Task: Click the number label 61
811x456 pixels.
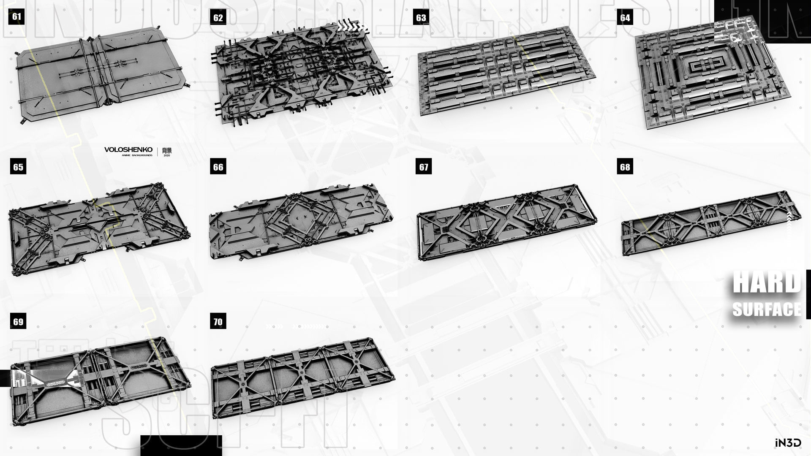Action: point(16,17)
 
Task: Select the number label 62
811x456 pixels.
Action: point(218,18)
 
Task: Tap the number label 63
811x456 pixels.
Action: point(421,18)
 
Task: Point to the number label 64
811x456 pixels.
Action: point(625,18)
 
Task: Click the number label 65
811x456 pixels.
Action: point(18,167)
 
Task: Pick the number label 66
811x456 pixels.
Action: point(218,167)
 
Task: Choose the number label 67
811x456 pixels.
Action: point(424,167)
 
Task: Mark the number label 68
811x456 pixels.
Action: point(625,167)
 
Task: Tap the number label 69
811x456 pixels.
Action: point(18,322)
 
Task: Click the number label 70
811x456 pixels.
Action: point(218,322)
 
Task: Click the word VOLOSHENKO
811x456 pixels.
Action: point(128,150)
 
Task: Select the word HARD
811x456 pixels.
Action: point(767,283)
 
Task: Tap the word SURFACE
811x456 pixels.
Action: point(767,309)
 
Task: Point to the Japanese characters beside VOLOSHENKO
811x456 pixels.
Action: point(167,150)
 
